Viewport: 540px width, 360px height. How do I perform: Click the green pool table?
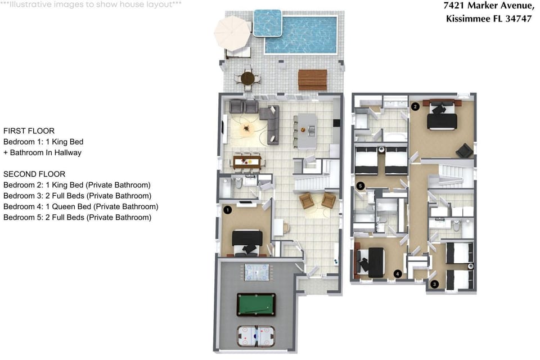tap(256, 304)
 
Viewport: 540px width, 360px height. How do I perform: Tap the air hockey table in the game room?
tap(256, 336)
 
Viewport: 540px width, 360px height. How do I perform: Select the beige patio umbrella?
tap(232, 33)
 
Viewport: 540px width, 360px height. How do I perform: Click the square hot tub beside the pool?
tap(268, 23)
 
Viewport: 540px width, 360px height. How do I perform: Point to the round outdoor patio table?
tap(247, 79)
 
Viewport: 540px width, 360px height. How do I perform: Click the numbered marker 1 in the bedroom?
tap(227, 210)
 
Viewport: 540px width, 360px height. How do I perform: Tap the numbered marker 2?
tap(415, 106)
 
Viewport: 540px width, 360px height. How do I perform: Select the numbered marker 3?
tap(434, 284)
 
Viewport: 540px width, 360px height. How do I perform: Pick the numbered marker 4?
tap(398, 274)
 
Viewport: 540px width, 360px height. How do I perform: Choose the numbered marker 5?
tap(360, 186)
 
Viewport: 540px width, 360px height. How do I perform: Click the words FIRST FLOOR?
tap(29, 131)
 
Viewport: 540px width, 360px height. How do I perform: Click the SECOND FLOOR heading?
tap(34, 174)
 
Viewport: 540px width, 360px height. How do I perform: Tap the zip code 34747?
tap(519, 19)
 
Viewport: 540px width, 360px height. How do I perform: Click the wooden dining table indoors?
tap(247, 161)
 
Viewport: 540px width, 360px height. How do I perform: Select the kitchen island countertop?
tap(307, 131)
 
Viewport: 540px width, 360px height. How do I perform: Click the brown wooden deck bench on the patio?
tap(312, 80)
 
